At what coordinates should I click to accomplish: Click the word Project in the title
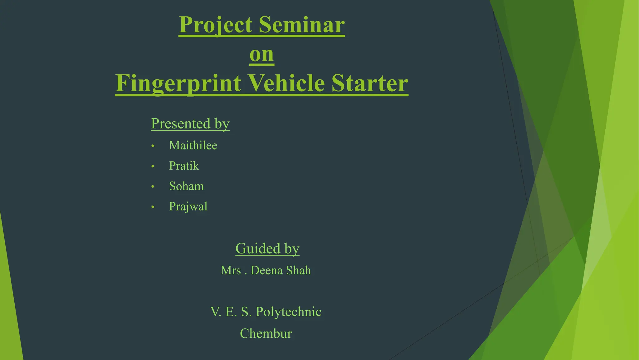216,25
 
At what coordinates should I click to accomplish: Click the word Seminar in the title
302,25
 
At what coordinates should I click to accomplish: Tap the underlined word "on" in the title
262,54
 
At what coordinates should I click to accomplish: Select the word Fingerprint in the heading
178,83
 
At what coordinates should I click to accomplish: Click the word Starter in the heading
370,83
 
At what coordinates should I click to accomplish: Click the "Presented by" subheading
190,124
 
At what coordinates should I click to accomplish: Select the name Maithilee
193,146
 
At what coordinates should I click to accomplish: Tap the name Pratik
184,166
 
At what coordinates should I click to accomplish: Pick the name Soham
186,186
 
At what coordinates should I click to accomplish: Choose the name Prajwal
188,207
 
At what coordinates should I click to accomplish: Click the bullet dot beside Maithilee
153,146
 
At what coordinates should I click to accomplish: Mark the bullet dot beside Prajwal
153,207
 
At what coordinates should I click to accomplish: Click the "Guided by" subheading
267,249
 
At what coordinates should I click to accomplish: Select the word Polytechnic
288,312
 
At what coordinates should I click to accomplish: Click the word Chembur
266,334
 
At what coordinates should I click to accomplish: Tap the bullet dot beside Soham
153,187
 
